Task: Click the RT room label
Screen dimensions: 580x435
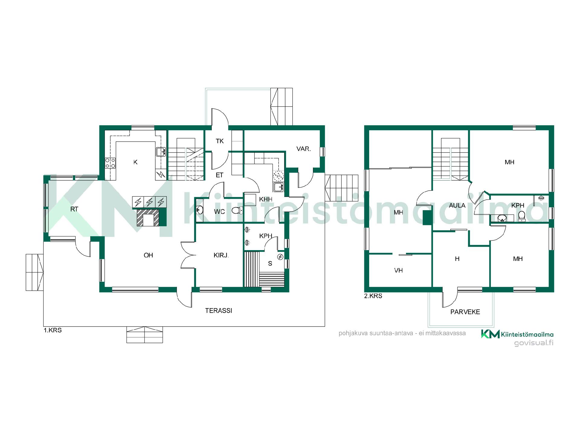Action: (x=74, y=209)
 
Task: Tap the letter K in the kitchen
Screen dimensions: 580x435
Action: (x=135, y=162)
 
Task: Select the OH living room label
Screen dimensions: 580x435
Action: (x=148, y=255)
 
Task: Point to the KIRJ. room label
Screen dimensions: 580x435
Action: (x=221, y=255)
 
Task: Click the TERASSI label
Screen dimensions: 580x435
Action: (x=219, y=311)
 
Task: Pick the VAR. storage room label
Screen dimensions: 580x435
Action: (x=304, y=149)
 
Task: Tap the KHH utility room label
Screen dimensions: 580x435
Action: (x=266, y=199)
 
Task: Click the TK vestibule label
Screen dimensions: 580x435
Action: (x=220, y=141)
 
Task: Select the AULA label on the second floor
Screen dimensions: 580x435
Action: (x=457, y=205)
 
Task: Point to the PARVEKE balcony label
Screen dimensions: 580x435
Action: (x=465, y=312)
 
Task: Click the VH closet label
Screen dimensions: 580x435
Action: (x=398, y=270)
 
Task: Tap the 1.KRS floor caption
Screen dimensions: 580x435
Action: (x=53, y=330)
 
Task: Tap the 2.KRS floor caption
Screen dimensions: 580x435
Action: (x=373, y=296)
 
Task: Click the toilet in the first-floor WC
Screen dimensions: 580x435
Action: (x=237, y=210)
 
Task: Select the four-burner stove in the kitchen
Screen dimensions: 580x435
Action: (x=110, y=163)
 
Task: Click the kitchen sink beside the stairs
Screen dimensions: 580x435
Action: (x=161, y=152)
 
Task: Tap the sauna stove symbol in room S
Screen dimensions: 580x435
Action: (x=281, y=257)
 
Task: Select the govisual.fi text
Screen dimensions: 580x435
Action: (x=534, y=343)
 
